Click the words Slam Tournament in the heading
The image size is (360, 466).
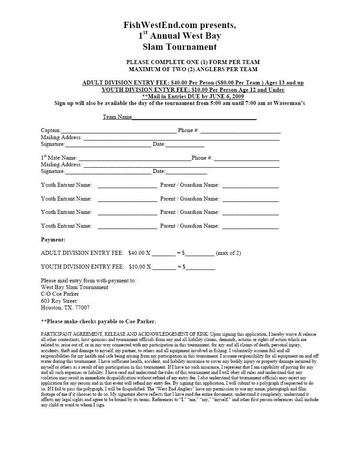tap(180, 47)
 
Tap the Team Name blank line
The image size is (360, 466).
tap(194, 118)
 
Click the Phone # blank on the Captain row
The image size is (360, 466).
tap(240, 131)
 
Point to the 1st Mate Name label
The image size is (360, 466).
tap(59, 158)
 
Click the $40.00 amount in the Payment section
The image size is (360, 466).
tap(137, 253)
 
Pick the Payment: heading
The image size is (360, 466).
tap(53, 240)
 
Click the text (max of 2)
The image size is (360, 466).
tap(228, 253)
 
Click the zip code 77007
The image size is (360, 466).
tap(82, 308)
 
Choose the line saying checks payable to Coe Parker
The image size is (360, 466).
tap(98, 321)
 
